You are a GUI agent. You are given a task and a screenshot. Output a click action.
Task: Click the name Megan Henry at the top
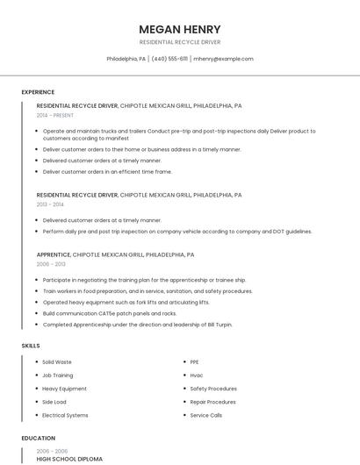tap(180, 29)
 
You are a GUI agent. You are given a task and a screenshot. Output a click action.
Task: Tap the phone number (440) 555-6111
tap(169, 59)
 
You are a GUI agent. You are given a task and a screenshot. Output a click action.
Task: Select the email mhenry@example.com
tap(223, 59)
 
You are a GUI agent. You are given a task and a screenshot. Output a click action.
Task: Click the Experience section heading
tap(38, 92)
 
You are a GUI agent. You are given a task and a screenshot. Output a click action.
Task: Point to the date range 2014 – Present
tap(55, 115)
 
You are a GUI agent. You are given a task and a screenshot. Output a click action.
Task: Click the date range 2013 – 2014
tap(50, 204)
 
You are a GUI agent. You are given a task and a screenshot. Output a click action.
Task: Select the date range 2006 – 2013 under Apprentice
tap(51, 264)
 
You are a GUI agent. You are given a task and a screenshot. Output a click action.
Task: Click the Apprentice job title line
tap(116, 254)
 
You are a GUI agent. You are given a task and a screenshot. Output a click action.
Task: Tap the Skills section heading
tap(31, 346)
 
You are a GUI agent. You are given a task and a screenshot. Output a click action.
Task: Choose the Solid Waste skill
tap(57, 361)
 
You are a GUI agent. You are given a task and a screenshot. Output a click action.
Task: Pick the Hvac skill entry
tap(197, 375)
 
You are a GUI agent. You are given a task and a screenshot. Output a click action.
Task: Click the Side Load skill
tap(54, 402)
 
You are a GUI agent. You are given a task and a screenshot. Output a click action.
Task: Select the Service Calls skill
tap(206, 415)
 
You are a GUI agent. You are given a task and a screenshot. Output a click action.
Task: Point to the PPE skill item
tap(194, 361)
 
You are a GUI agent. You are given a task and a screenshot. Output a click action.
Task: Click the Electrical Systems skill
tap(65, 415)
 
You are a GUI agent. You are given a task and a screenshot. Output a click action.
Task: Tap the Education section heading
tap(38, 438)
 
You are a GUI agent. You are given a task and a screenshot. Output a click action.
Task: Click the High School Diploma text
tap(69, 459)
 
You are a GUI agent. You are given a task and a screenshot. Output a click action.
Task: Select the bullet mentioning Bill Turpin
tap(138, 325)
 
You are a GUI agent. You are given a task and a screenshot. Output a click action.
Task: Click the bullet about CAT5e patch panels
tap(110, 313)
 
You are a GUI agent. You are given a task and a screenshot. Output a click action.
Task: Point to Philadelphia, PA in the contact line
tap(126, 59)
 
